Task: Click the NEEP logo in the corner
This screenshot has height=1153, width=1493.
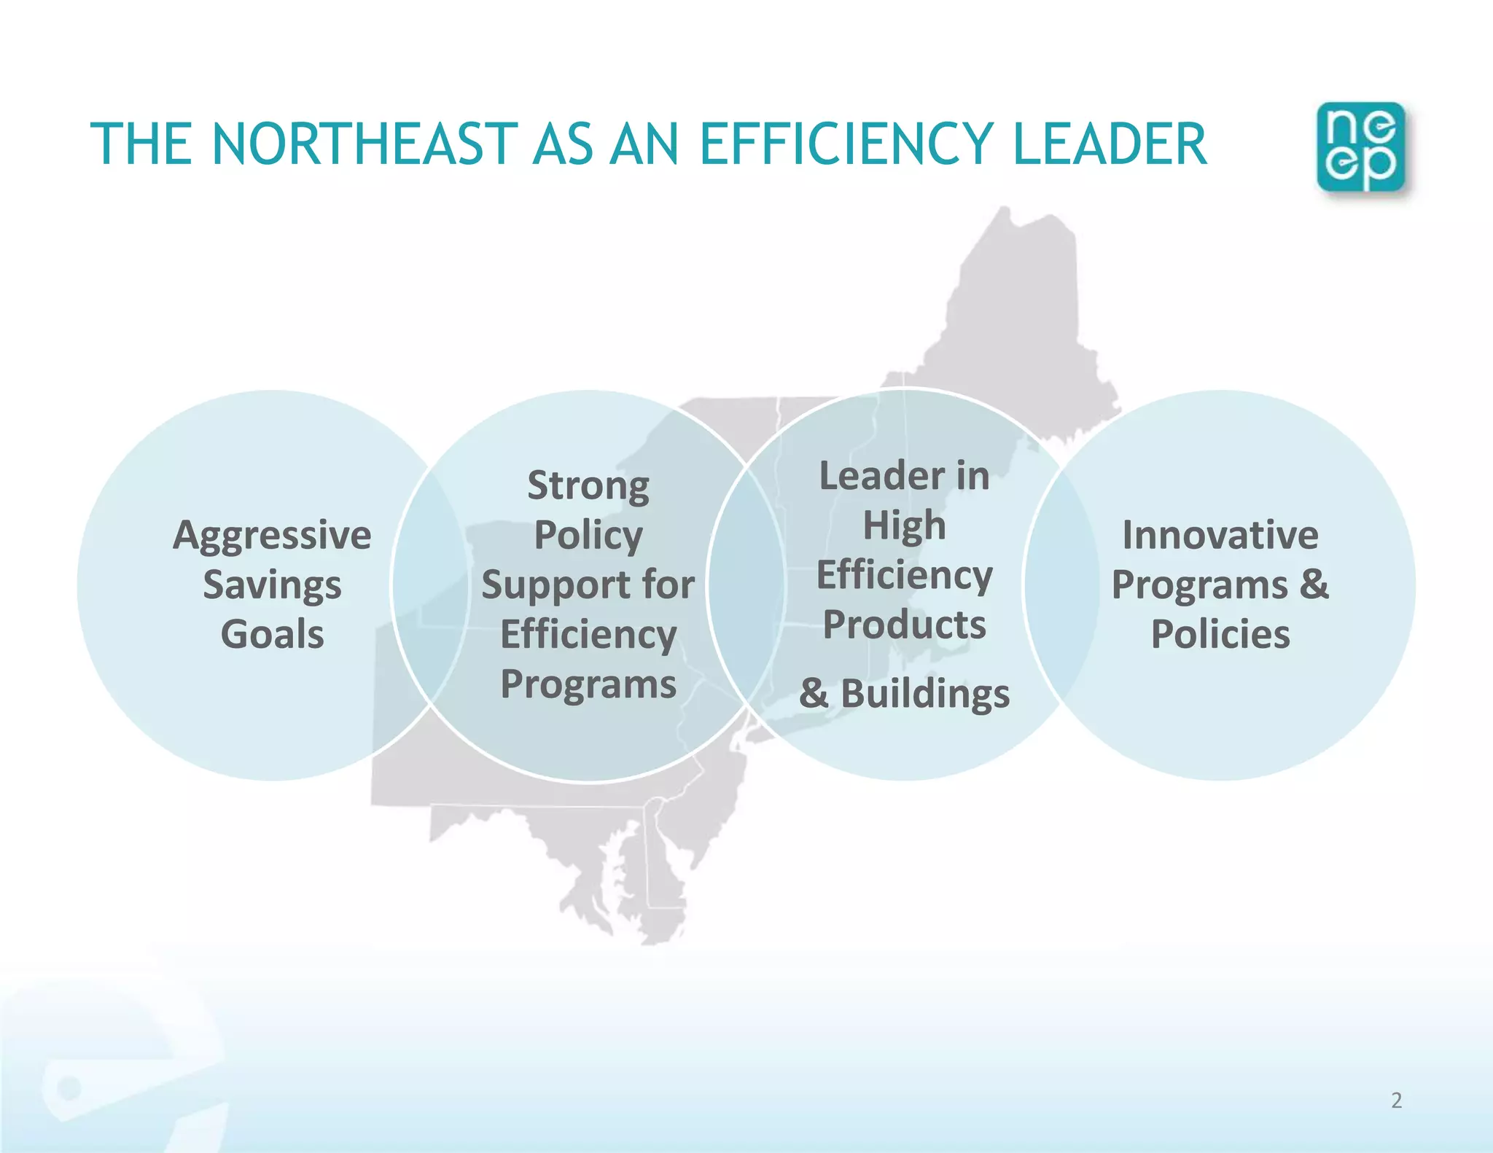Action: (1360, 147)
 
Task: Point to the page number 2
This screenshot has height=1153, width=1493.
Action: (1396, 1100)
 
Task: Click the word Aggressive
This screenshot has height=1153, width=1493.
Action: (272, 536)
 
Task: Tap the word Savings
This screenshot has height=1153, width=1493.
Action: (272, 585)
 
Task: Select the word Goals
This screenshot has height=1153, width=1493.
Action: (272, 634)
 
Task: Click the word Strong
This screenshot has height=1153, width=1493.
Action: (588, 486)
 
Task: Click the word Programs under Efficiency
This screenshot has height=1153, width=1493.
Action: (588, 684)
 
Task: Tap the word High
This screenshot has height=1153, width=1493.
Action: (904, 525)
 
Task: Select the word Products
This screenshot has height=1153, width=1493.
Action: (904, 625)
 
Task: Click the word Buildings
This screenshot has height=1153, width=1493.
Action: (925, 693)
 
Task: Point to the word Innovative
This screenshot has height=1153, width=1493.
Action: (1220, 536)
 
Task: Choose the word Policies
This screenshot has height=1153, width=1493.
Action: (1220, 634)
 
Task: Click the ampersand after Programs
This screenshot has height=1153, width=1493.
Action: (1314, 585)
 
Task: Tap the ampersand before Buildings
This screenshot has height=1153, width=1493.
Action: (814, 693)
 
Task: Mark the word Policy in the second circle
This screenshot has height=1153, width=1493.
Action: (588, 536)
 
